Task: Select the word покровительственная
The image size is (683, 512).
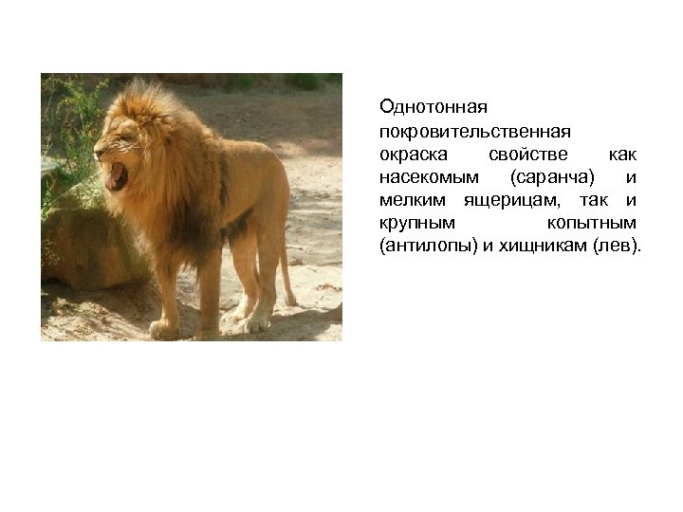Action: click(x=462, y=128)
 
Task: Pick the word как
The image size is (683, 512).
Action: click(x=622, y=152)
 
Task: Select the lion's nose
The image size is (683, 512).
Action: click(x=98, y=152)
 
